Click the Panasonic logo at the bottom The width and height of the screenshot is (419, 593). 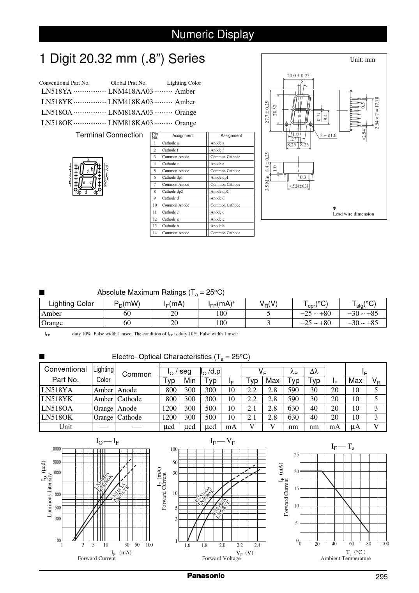click(x=206, y=575)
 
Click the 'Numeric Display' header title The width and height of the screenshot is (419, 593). click(x=212, y=35)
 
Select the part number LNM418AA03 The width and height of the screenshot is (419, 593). click(x=130, y=91)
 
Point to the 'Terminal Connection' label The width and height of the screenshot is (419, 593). click(x=109, y=135)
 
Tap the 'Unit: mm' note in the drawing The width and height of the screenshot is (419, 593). click(x=362, y=60)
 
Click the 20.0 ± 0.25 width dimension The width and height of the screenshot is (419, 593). click(x=298, y=75)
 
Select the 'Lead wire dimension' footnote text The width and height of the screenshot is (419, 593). click(x=353, y=214)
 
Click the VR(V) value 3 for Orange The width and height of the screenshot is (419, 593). click(x=268, y=323)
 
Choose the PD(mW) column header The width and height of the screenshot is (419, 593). click(x=127, y=304)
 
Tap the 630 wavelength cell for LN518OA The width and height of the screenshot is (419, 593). click(x=293, y=408)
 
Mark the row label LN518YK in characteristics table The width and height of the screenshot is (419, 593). click(x=57, y=399)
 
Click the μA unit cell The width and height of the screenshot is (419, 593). click(x=355, y=427)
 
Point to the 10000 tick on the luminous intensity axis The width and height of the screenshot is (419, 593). click(x=56, y=449)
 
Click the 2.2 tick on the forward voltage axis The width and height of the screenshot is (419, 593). click(x=240, y=545)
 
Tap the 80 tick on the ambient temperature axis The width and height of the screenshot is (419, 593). click(x=368, y=544)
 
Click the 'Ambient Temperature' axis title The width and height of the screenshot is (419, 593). click(x=345, y=559)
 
